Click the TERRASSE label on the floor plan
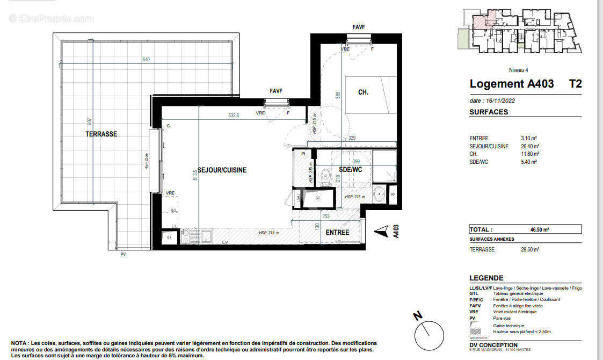[x=101, y=134]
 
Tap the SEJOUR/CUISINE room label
[x=222, y=170]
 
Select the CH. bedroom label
[x=363, y=92]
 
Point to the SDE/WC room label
[x=351, y=170]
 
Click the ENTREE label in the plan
[x=337, y=233]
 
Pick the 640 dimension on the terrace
[x=146, y=60]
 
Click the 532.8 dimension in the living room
[x=233, y=115]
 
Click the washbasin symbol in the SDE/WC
[x=380, y=192]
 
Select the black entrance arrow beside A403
[x=381, y=231]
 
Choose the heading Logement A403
[x=511, y=84]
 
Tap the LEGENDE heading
[x=486, y=278]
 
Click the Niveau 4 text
[x=518, y=70]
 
